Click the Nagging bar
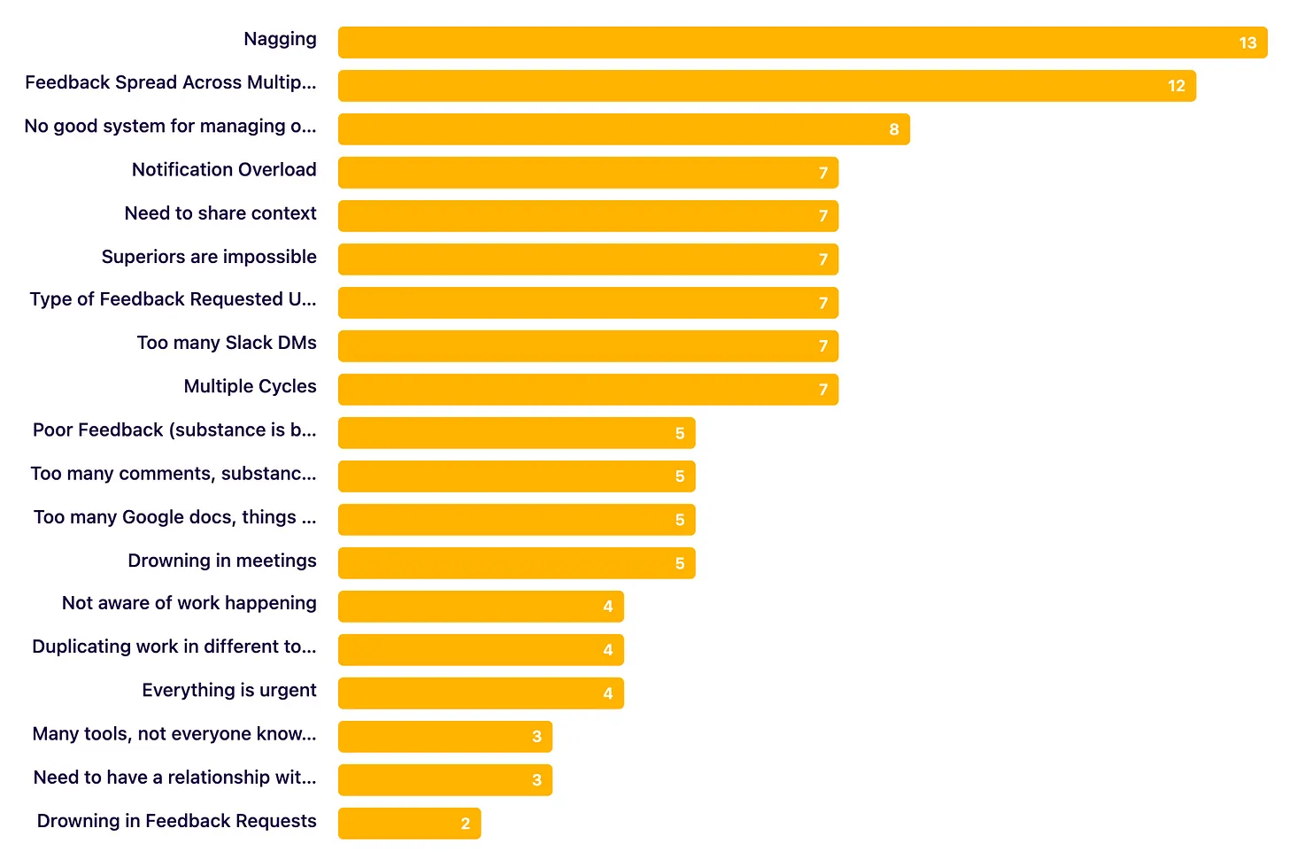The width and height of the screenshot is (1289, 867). click(801, 43)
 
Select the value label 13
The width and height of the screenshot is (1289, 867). click(1247, 43)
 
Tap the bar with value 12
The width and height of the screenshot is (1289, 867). click(766, 86)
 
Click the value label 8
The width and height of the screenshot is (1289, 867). click(894, 129)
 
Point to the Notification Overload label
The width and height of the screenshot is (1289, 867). click(224, 170)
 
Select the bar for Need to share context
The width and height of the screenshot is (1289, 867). click(587, 216)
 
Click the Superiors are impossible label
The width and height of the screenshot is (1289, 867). click(209, 257)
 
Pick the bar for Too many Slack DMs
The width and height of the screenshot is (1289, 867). click(587, 346)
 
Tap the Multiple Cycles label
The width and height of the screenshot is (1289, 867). click(250, 386)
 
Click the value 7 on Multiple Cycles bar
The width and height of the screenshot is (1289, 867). click(823, 390)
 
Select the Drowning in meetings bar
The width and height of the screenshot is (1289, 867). click(516, 563)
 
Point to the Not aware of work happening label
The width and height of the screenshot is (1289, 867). click(189, 603)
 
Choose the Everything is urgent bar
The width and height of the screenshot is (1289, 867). click(481, 693)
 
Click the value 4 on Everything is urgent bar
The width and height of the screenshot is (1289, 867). click(608, 693)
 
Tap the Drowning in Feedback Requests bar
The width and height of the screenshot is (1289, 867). click(409, 824)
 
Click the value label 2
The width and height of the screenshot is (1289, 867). click(466, 824)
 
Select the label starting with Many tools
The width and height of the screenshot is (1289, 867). click(174, 734)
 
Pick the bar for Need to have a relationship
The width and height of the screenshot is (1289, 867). click(444, 780)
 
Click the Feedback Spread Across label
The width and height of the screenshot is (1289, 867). click(171, 82)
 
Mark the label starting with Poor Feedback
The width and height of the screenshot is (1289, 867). click(174, 430)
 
